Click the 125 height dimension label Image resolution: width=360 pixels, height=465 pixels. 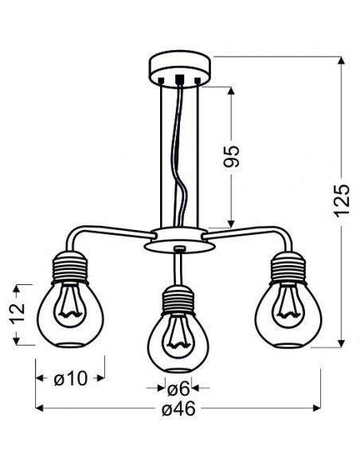click(x=342, y=201)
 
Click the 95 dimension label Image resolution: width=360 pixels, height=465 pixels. click(x=231, y=157)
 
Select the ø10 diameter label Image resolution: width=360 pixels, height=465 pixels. click(x=71, y=378)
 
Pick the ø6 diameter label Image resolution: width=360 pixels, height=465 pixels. click(x=178, y=389)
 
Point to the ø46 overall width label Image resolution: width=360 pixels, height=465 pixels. click(x=179, y=409)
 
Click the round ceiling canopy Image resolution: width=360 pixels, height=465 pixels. click(x=179, y=70)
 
